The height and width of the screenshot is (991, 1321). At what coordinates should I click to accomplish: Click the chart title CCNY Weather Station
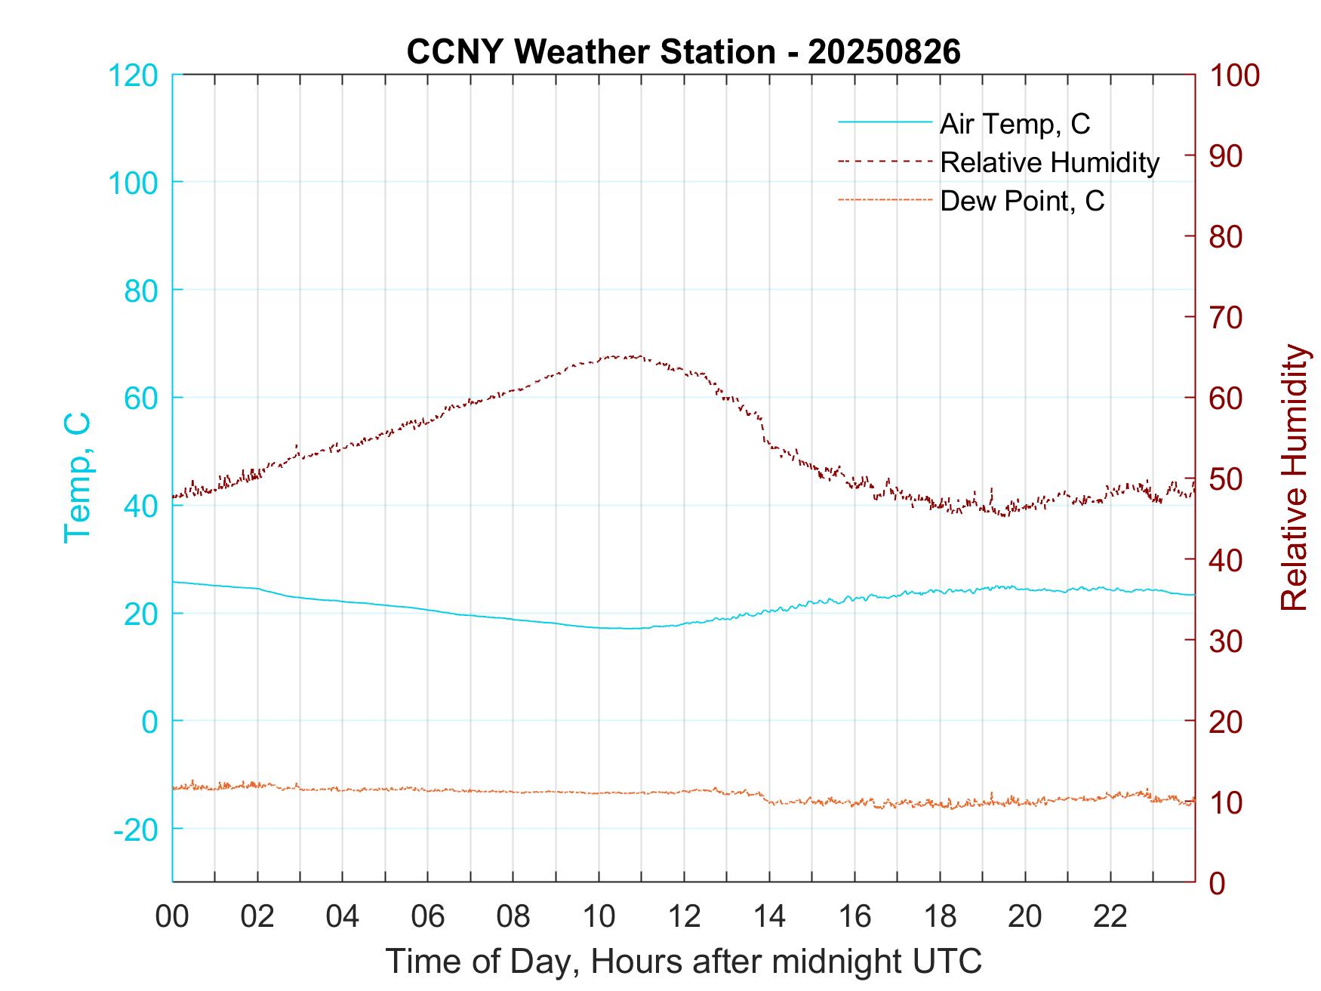click(590, 52)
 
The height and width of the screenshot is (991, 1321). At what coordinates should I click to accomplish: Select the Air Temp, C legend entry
click(1014, 124)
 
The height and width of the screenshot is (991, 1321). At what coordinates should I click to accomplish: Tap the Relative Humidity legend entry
click(1049, 162)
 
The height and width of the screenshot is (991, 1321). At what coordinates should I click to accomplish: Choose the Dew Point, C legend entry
click(1021, 201)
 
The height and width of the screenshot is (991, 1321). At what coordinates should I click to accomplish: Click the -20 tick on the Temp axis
click(136, 829)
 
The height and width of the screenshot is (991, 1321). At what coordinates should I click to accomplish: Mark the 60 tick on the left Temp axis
click(140, 398)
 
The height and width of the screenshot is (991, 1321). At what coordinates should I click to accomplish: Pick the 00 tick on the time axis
click(172, 917)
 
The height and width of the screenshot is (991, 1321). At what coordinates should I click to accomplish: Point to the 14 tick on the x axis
click(769, 917)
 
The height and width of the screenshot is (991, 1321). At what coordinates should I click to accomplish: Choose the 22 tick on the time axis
click(1110, 917)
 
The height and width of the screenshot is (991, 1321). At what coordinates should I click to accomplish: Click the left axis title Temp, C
click(78, 478)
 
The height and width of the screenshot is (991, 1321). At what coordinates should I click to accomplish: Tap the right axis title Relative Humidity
click(1294, 478)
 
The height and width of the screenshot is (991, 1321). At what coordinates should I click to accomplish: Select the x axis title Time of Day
click(684, 962)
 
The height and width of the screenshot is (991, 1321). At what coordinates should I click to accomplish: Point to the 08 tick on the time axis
click(513, 917)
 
